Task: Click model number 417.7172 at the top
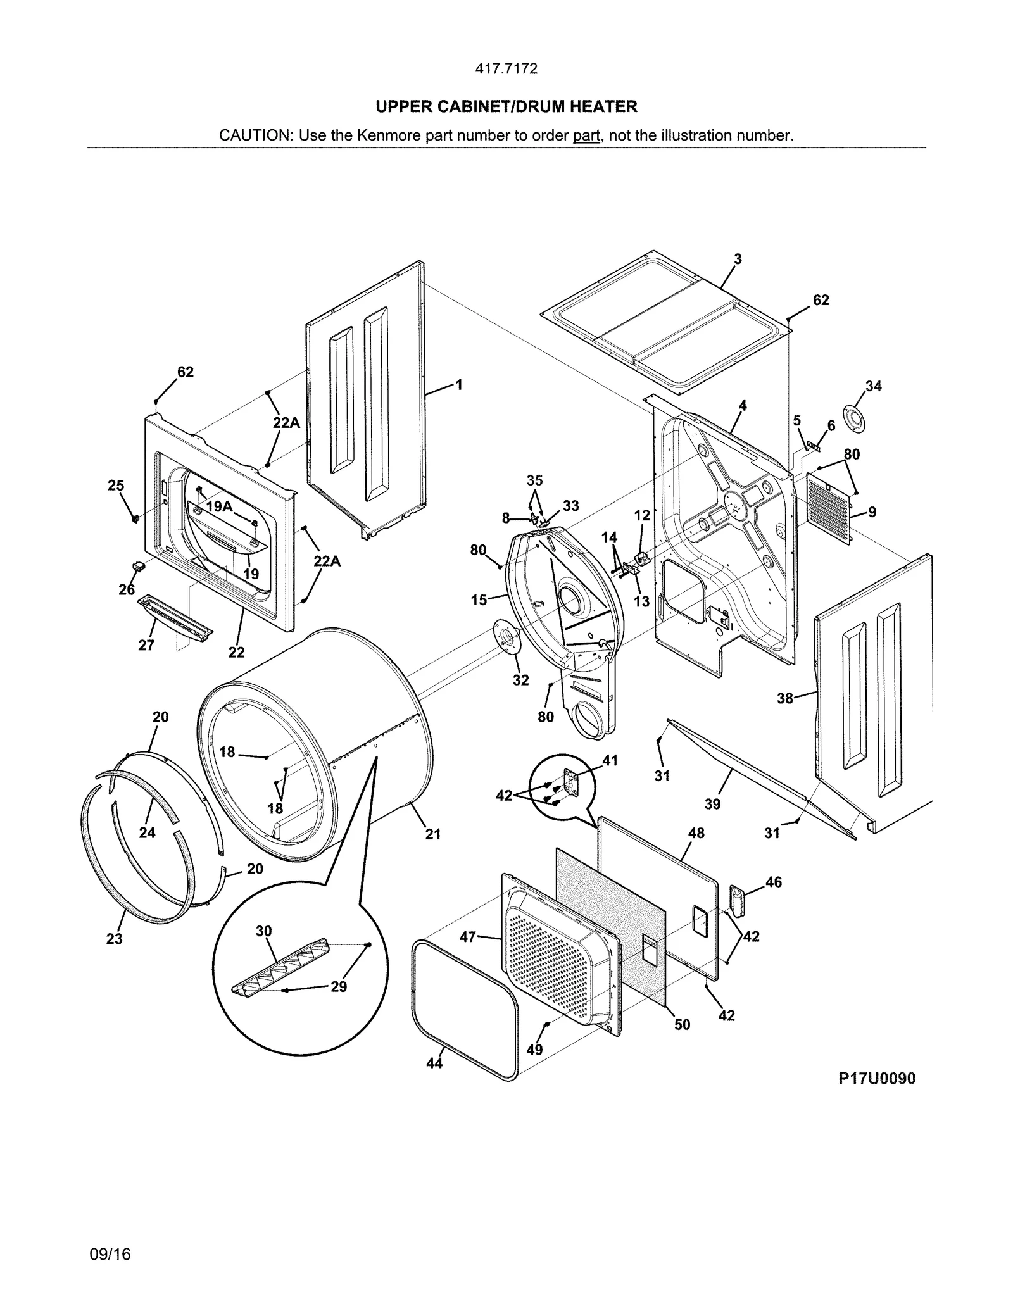pyautogui.click(x=506, y=69)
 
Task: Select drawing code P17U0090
pyautogui.click(x=877, y=1079)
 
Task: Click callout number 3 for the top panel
pyautogui.click(x=738, y=259)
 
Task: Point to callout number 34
pyautogui.click(x=873, y=386)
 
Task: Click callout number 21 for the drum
pyautogui.click(x=433, y=834)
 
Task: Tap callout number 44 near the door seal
pyautogui.click(x=434, y=1063)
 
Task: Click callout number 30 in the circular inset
pyautogui.click(x=264, y=931)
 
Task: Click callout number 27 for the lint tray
pyautogui.click(x=146, y=645)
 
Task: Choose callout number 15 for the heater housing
pyautogui.click(x=479, y=599)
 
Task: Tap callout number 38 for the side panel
pyautogui.click(x=785, y=698)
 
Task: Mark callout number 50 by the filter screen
pyautogui.click(x=682, y=1024)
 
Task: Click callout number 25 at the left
pyautogui.click(x=116, y=486)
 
